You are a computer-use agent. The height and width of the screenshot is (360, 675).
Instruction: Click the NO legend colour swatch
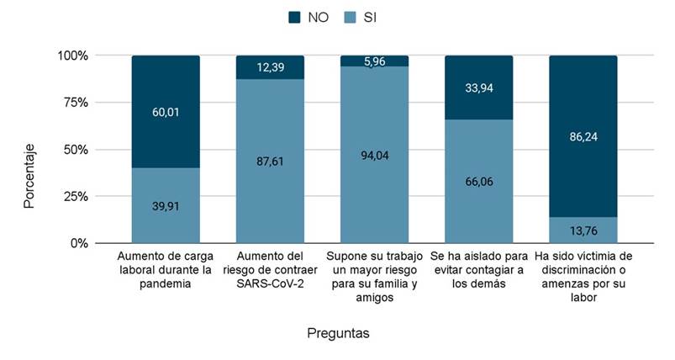[294, 17]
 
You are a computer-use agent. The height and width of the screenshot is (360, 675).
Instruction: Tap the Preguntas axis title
[338, 333]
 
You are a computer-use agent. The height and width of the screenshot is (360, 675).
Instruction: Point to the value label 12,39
[270, 66]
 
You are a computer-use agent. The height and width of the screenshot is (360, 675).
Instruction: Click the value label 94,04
[374, 155]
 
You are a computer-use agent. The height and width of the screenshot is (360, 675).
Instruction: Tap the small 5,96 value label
[374, 61]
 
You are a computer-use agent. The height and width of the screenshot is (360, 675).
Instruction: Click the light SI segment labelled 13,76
[583, 230]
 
